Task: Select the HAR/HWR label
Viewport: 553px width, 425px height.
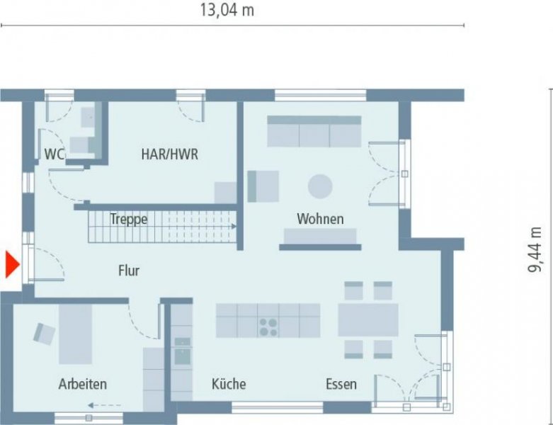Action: (x=169, y=154)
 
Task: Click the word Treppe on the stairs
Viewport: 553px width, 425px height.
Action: (x=129, y=220)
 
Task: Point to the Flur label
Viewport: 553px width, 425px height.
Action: (x=128, y=270)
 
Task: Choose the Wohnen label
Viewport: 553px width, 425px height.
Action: (x=320, y=219)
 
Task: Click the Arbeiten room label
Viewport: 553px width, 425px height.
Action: (x=83, y=384)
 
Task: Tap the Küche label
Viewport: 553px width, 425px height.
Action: (x=229, y=384)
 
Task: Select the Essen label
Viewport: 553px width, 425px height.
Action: (x=341, y=384)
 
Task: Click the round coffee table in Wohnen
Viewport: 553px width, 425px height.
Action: (x=320, y=186)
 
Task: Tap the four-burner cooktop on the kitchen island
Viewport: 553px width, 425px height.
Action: (x=268, y=327)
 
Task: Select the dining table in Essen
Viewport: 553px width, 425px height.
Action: (x=367, y=320)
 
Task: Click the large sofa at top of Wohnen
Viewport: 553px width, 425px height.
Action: (x=314, y=132)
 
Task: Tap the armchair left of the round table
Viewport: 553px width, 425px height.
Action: (x=262, y=186)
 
